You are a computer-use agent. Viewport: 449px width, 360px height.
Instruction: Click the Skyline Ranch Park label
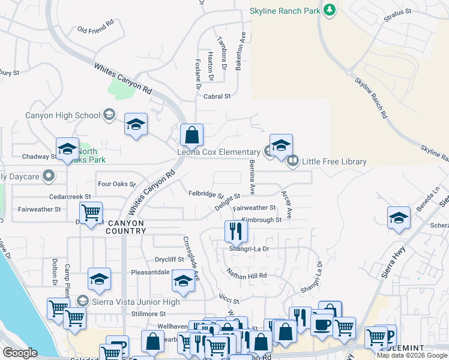286,11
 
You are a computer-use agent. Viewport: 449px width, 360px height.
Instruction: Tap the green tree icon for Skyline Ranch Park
329,10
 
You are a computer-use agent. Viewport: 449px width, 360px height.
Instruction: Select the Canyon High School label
62,115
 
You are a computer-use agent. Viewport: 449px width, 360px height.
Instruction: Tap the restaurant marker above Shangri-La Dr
236,231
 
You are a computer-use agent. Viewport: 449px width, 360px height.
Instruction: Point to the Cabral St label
217,96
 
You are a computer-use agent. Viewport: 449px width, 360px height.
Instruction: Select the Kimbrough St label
262,220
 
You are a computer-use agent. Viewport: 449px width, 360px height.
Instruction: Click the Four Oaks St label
116,184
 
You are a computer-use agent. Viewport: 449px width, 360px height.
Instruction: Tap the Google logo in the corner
20,353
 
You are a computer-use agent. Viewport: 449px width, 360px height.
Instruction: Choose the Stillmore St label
148,314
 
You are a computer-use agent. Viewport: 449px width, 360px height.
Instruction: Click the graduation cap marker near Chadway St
67,149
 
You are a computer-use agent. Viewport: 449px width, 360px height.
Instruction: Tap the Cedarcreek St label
71,196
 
